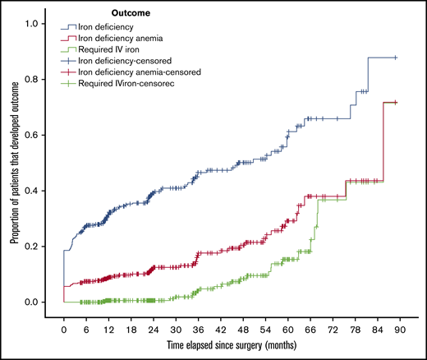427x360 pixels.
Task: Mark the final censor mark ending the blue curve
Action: click(396, 58)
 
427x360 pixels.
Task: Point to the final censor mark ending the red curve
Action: click(396, 103)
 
